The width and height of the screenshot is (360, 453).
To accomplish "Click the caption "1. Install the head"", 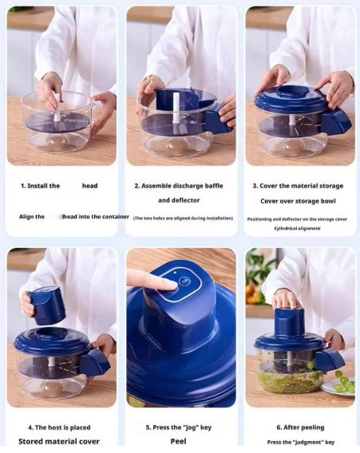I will [x=59, y=186].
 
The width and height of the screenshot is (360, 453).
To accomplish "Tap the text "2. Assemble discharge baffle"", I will [x=180, y=186].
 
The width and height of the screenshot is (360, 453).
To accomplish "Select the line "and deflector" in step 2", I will [x=179, y=200].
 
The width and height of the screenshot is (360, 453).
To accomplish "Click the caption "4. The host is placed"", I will [x=60, y=427].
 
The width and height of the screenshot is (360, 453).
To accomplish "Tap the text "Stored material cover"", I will [x=60, y=440].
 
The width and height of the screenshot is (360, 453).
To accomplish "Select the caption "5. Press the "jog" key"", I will [x=180, y=427].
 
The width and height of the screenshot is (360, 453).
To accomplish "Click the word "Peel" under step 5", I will [x=179, y=440].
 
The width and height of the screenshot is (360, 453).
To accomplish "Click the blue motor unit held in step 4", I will [x=48, y=305].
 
